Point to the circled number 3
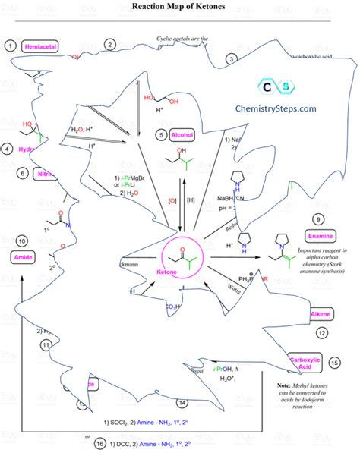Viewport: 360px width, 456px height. (x=232, y=58)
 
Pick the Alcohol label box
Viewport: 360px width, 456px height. (x=185, y=135)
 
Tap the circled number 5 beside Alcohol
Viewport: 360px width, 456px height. (x=162, y=134)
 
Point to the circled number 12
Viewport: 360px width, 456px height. (x=322, y=332)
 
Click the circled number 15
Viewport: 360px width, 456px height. (x=335, y=363)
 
